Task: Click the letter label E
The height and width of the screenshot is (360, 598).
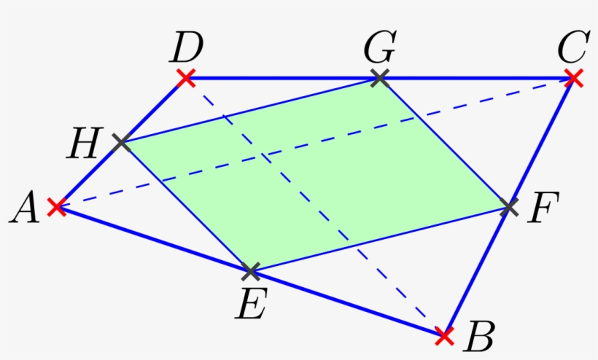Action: tap(250, 305)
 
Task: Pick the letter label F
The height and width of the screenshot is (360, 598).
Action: tap(543, 209)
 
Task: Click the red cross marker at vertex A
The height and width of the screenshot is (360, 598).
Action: tap(56, 208)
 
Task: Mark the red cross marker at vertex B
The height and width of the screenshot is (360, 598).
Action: tap(443, 336)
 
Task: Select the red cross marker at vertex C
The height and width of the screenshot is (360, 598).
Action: tap(574, 77)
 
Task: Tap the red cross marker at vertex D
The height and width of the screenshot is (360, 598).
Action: tap(186, 77)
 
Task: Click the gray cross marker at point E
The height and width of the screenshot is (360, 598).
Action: tap(250, 272)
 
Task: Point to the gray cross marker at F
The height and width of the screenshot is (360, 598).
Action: tap(509, 208)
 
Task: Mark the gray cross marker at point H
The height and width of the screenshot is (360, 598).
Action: tap(121, 143)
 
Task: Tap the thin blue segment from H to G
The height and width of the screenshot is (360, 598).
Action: tap(250, 110)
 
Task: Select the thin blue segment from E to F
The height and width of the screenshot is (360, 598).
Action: tap(379, 240)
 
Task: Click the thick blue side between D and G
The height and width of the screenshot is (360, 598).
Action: tap(283, 77)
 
